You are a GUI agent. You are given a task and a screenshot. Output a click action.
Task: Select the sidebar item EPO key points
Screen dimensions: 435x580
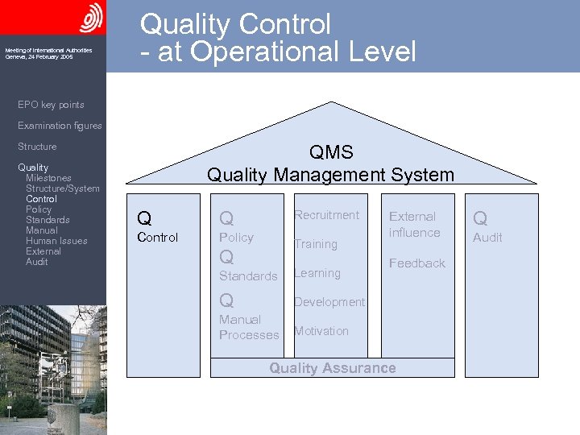click(51, 105)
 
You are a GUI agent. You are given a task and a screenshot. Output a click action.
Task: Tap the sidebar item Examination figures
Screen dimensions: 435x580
click(60, 126)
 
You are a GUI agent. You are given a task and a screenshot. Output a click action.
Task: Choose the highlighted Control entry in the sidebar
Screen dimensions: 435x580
click(41, 199)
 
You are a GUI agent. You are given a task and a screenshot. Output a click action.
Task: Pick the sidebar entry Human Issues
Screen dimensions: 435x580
click(56, 241)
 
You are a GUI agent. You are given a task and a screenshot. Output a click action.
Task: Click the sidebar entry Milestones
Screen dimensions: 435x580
click(48, 178)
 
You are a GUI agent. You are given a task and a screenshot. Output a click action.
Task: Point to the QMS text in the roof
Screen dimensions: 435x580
click(331, 153)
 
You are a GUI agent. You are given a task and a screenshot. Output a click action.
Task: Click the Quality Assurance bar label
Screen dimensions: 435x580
click(332, 368)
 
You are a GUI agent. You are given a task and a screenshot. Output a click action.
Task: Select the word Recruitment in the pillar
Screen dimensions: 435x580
click(326, 215)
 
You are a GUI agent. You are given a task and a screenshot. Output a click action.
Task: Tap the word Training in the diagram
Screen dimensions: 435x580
click(315, 244)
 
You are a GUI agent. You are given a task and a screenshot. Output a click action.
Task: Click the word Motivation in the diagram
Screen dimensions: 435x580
click(321, 331)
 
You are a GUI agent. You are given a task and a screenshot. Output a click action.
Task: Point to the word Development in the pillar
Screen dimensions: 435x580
click(329, 302)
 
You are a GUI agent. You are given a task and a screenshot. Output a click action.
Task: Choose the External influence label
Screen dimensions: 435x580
click(414, 225)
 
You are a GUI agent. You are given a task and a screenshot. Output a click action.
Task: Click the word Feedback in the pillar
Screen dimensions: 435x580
click(416, 263)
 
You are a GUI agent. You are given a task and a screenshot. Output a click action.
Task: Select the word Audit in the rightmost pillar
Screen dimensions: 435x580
click(487, 238)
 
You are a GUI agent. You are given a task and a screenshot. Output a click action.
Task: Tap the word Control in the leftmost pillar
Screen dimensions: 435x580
click(158, 238)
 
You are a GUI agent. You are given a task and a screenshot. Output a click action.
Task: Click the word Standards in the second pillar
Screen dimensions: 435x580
click(248, 276)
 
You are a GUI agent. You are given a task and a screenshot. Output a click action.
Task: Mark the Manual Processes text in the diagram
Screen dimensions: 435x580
click(248, 328)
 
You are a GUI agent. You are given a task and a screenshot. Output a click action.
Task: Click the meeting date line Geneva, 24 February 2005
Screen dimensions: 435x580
click(38, 57)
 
